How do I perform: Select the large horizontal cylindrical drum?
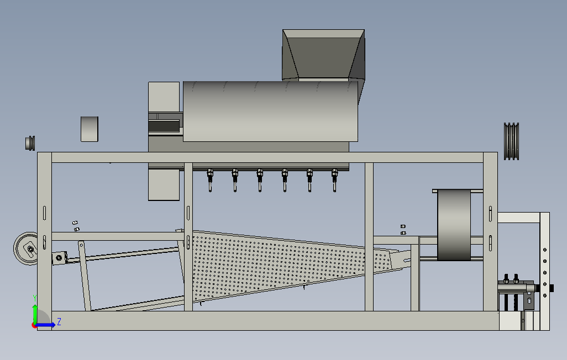click(x=271, y=110)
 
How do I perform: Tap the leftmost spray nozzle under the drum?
click(x=210, y=179)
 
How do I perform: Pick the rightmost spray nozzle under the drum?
click(x=334, y=179)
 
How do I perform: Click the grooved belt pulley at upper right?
click(x=512, y=141)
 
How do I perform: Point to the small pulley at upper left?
click(x=30, y=142)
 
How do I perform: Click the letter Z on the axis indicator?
click(x=59, y=321)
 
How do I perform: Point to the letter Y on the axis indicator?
click(x=34, y=298)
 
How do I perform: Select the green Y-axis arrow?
click(x=34, y=314)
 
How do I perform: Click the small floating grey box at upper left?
click(x=90, y=129)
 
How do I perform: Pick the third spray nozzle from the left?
click(x=260, y=179)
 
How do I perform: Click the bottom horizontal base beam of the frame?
click(x=265, y=321)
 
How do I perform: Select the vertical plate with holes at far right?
click(x=545, y=271)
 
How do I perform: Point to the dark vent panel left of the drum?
click(x=164, y=125)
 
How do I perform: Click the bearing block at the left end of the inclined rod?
click(x=59, y=258)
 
